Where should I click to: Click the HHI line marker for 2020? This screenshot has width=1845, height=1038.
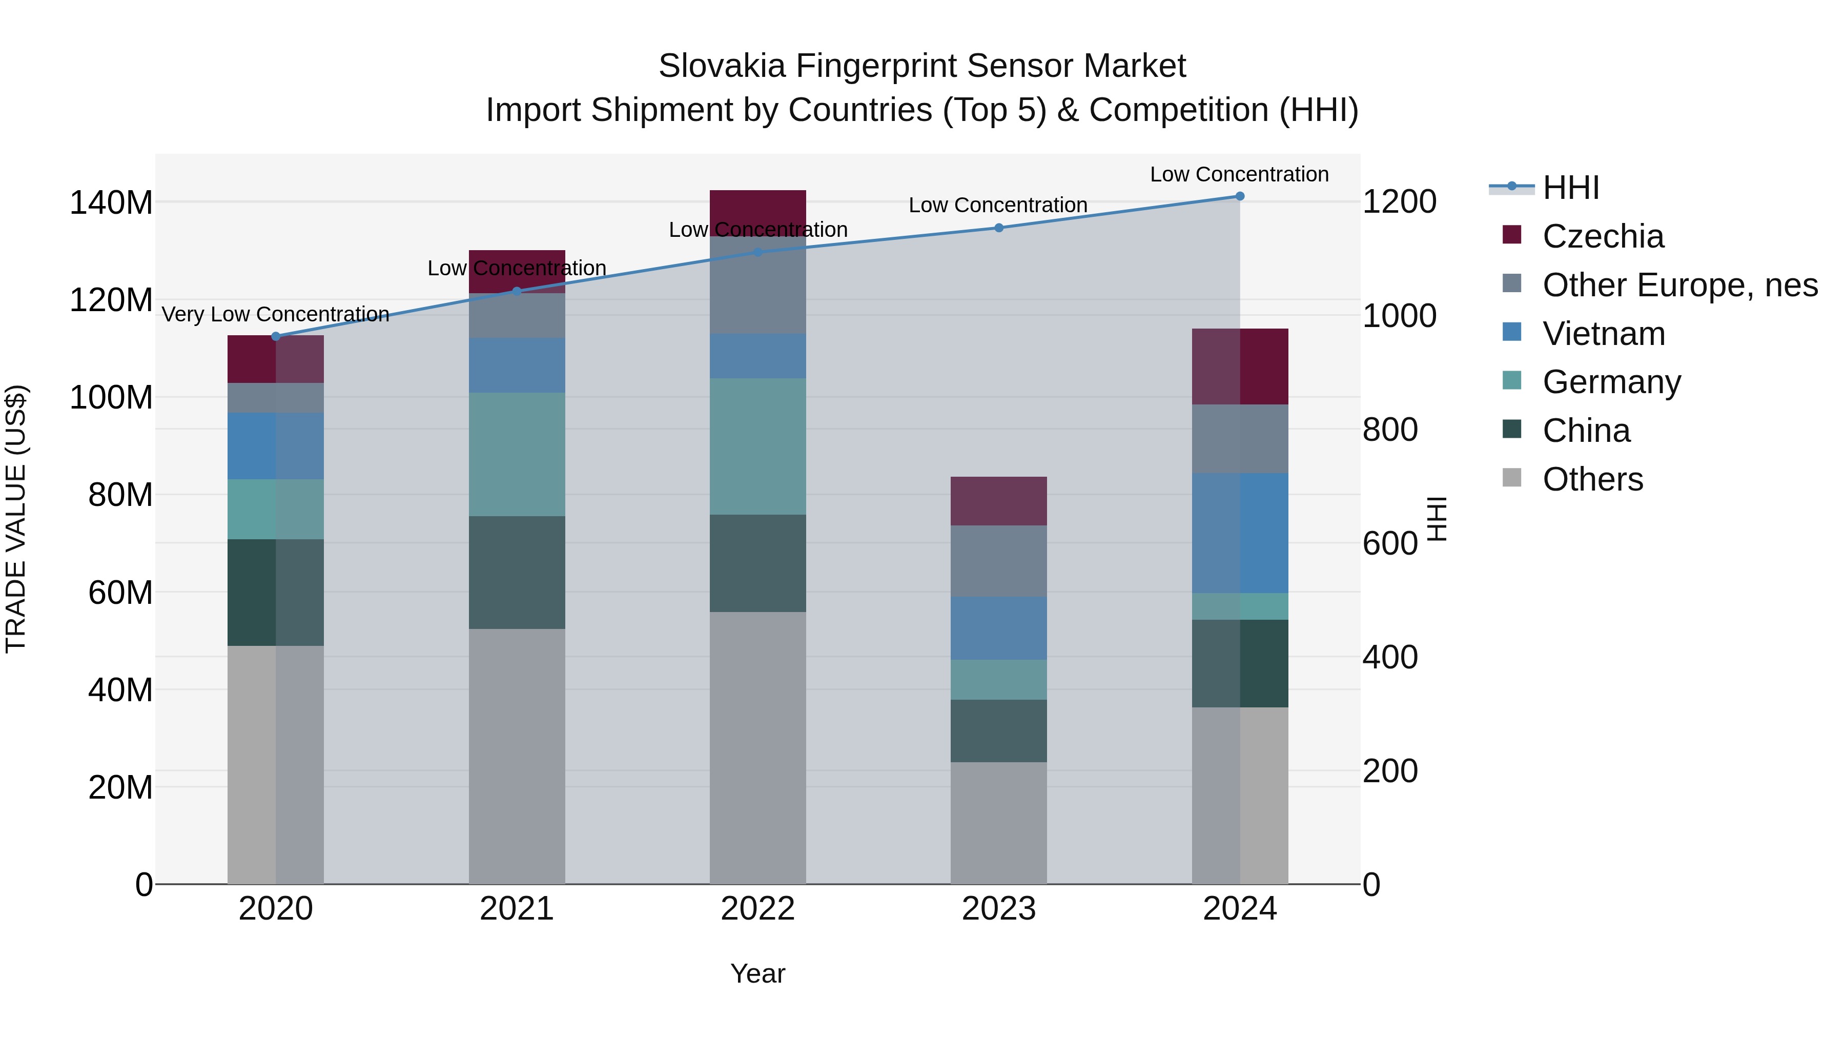[276, 336]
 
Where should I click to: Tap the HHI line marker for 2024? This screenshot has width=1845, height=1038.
[1240, 196]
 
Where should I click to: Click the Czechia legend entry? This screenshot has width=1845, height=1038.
[1602, 236]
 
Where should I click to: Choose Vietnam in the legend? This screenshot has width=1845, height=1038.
[1603, 334]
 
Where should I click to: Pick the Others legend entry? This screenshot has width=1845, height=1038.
[1592, 479]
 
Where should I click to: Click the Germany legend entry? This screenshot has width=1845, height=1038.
[1611, 382]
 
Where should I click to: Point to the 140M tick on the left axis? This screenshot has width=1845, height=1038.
[111, 202]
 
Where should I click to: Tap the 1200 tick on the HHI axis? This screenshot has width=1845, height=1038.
[1399, 202]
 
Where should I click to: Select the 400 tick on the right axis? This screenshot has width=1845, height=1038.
[1389, 658]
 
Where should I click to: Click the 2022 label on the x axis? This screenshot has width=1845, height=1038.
[758, 909]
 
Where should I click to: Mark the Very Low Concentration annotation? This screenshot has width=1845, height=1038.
[276, 315]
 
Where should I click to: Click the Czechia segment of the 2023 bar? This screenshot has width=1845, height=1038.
[998, 501]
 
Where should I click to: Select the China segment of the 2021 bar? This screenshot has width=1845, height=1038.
[517, 573]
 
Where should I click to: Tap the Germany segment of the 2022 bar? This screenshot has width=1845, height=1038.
[758, 446]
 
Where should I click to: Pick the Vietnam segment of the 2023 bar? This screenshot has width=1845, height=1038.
[998, 628]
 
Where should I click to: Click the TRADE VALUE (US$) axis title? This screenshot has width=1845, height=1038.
[16, 519]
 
